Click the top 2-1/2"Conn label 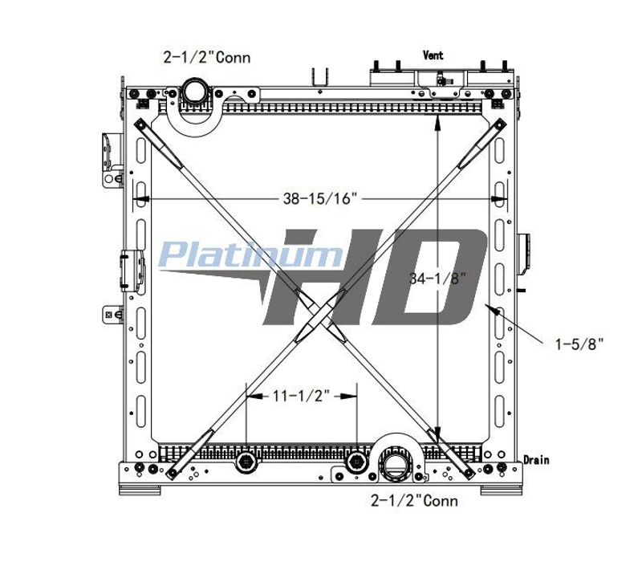207,57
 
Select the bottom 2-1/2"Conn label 414,500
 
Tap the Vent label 433,55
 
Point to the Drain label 536,460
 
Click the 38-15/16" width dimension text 318,198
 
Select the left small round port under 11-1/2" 246,463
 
